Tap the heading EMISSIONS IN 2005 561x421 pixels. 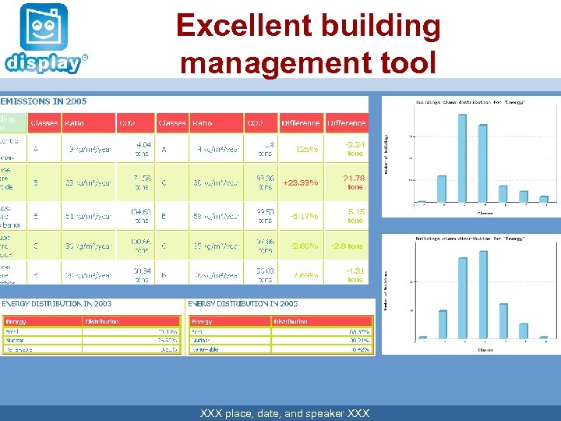coord(44,101)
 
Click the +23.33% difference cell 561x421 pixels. coord(300,182)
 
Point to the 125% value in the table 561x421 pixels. coord(305,149)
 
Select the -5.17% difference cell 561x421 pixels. coord(303,216)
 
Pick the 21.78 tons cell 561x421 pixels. coord(355,182)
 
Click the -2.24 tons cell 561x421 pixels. coord(355,148)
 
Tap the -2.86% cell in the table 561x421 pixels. coord(303,246)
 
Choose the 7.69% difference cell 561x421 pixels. coord(304,275)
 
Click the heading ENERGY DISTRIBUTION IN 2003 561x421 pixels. coord(56,303)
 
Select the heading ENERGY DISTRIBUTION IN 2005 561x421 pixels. coord(242,303)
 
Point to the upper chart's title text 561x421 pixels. coord(470,102)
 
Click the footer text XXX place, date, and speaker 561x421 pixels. coord(285,413)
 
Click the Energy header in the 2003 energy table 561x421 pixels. coord(16,321)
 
